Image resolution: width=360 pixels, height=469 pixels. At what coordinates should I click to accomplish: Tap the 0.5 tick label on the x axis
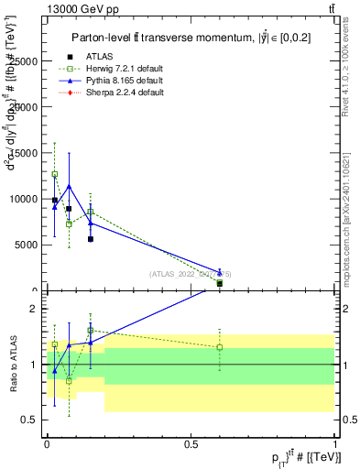pyautogui.click(x=191, y=443)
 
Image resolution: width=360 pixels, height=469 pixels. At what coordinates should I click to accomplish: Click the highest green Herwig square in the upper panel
pyautogui.click(x=54, y=174)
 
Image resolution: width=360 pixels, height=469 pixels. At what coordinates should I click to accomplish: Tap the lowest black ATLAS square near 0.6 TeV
pyautogui.click(x=220, y=284)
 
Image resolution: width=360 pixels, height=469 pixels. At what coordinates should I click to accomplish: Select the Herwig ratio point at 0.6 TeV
pyautogui.click(x=220, y=347)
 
